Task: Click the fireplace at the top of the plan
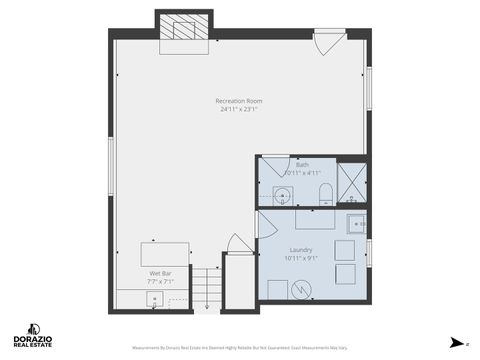pos(183,30)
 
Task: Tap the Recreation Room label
pos(239,101)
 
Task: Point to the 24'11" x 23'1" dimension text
pos(239,109)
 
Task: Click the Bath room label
pos(302,164)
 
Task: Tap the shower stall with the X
pos(352,183)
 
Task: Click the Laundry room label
pos(301,250)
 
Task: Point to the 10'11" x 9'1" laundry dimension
pos(301,258)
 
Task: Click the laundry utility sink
pos(355,223)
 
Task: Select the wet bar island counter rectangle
pos(164,254)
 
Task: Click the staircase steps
pos(206,290)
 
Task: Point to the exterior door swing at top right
pos(329,43)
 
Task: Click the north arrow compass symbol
pos(458,343)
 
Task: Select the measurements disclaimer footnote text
pos(240,348)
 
